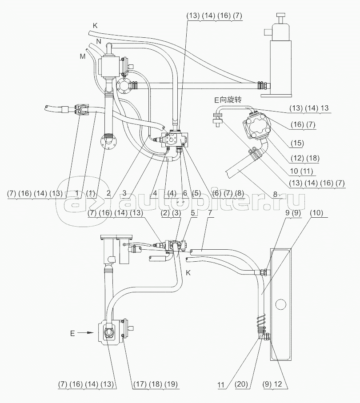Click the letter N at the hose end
[98, 41]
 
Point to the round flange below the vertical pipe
[107, 144]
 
